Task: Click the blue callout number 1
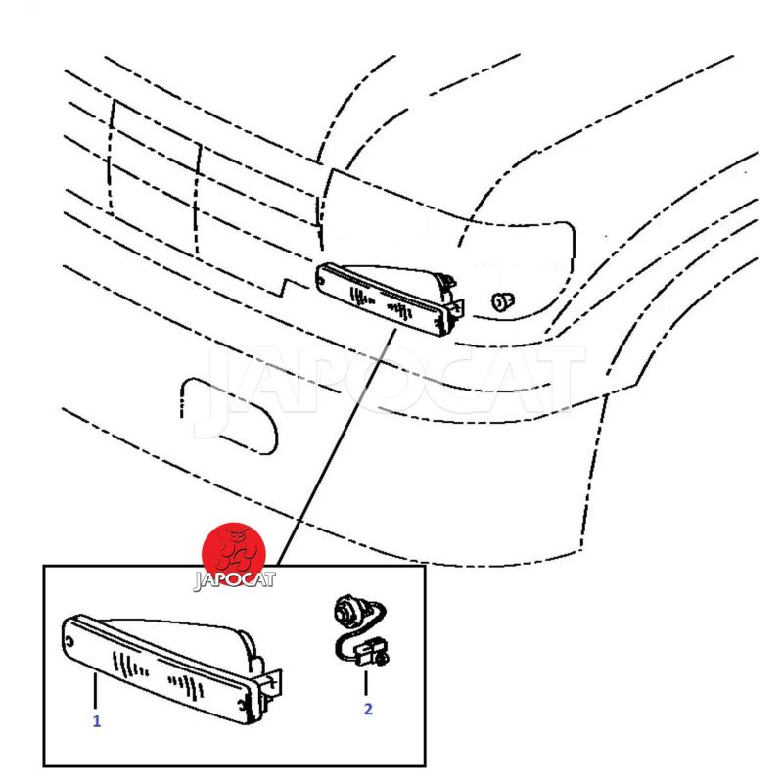[x=97, y=721]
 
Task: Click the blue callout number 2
[x=368, y=709]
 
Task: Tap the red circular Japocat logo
[x=234, y=554]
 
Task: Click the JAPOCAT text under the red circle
[x=234, y=580]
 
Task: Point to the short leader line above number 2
[x=366, y=683]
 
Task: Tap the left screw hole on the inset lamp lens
[x=69, y=642]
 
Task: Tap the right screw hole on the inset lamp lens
[x=242, y=706]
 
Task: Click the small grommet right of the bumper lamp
[x=503, y=301]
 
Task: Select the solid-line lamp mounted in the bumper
[x=391, y=299]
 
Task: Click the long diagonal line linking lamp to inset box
[x=336, y=446]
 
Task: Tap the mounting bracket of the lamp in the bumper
[x=456, y=306]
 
